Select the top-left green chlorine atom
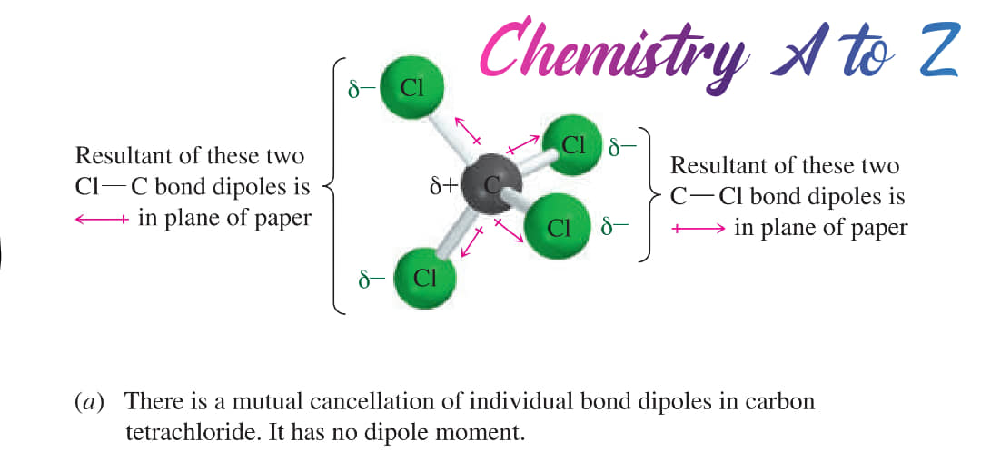(411, 89)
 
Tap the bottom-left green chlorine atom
(425, 279)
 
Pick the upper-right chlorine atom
(572, 145)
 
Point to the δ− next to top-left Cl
(361, 90)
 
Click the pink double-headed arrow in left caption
(102, 220)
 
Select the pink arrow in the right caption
(699, 229)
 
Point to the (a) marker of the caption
(89, 402)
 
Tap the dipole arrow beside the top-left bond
(468, 131)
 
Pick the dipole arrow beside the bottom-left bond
(472, 242)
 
